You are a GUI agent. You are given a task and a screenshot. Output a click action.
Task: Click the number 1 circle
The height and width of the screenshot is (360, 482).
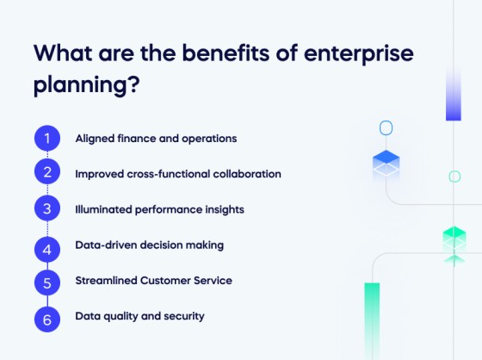point(47,138)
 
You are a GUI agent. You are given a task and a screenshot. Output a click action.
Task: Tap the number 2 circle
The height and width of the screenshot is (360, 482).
point(47,173)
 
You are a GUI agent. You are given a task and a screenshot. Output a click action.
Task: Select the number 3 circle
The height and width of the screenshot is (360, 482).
point(47,208)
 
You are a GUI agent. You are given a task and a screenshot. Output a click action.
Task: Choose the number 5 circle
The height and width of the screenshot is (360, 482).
point(47,281)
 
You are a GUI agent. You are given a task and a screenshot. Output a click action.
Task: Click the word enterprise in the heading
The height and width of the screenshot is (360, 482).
point(362,53)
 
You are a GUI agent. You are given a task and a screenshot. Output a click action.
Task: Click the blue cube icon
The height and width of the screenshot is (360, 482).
point(386,163)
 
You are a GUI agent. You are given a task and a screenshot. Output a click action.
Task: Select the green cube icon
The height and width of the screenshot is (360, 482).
point(454,239)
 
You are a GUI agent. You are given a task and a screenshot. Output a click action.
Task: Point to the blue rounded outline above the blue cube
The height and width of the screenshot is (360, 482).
point(386,128)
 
